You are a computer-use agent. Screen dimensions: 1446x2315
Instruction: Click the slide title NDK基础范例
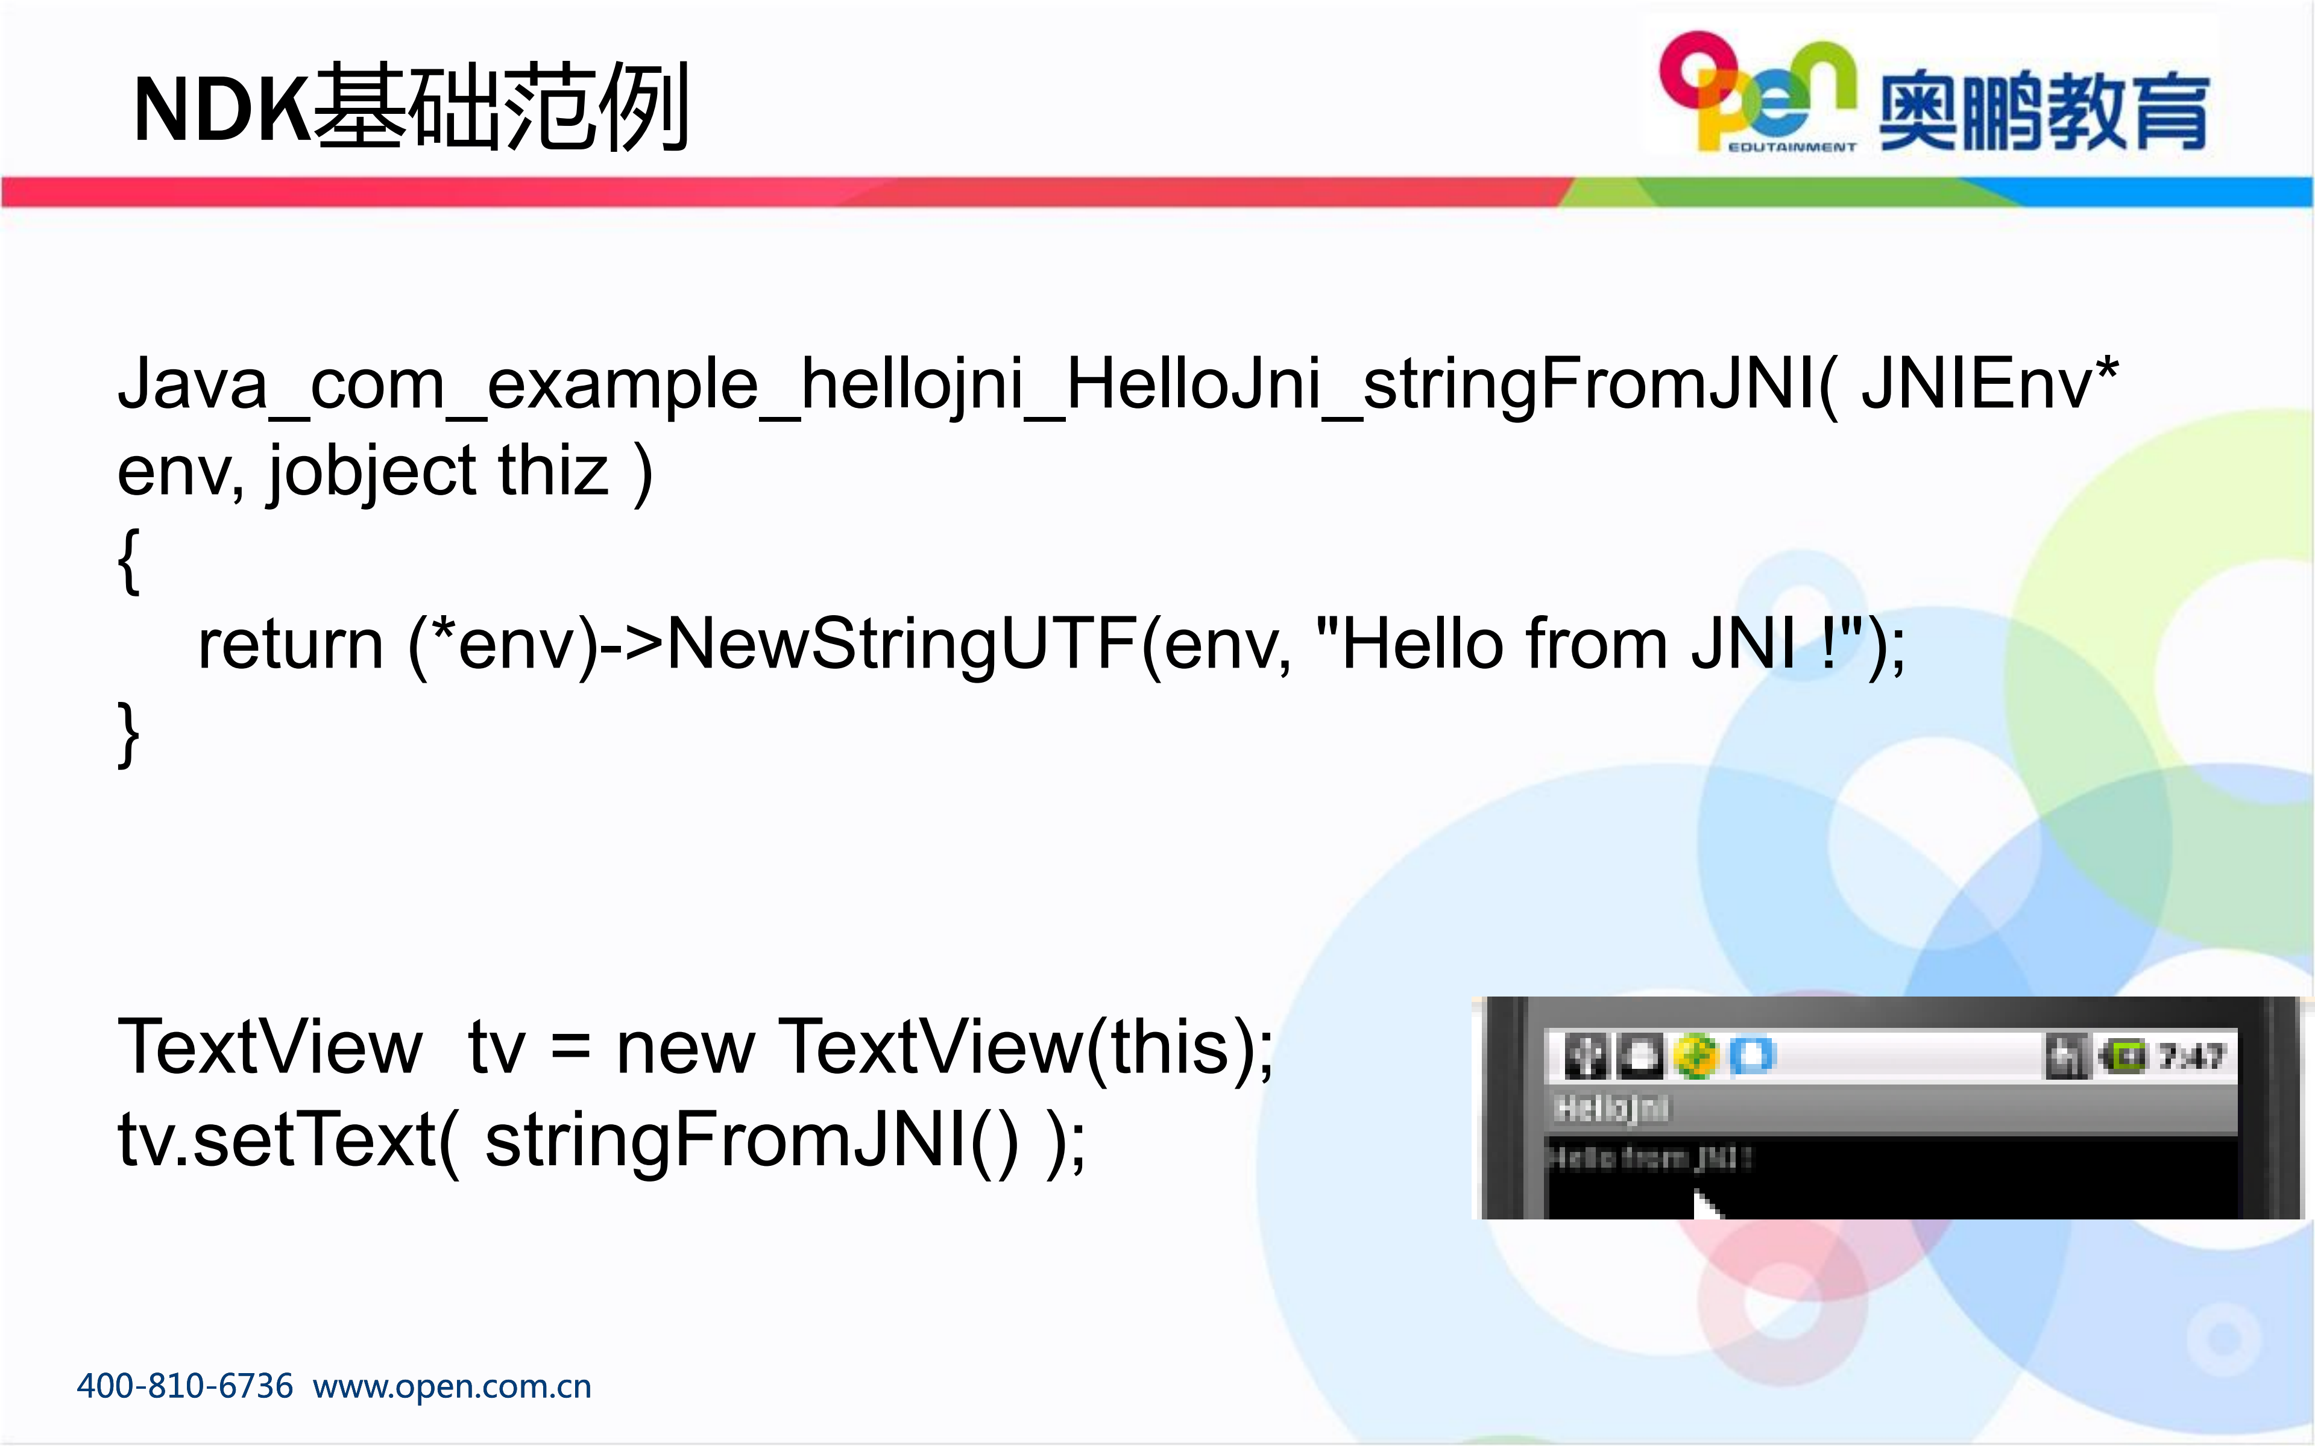tap(411, 107)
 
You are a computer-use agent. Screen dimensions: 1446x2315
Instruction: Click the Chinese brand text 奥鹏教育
tap(2043, 112)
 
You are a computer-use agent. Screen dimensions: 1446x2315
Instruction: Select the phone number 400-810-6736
tap(184, 1386)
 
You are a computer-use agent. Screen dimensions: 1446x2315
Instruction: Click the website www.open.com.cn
tap(452, 1386)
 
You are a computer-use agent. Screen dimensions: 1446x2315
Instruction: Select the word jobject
tap(371, 472)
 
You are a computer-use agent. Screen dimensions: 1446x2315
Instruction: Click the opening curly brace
tap(129, 562)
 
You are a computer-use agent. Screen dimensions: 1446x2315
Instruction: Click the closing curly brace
tap(129, 733)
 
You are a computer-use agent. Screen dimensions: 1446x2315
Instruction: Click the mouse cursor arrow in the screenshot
tap(1705, 1203)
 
